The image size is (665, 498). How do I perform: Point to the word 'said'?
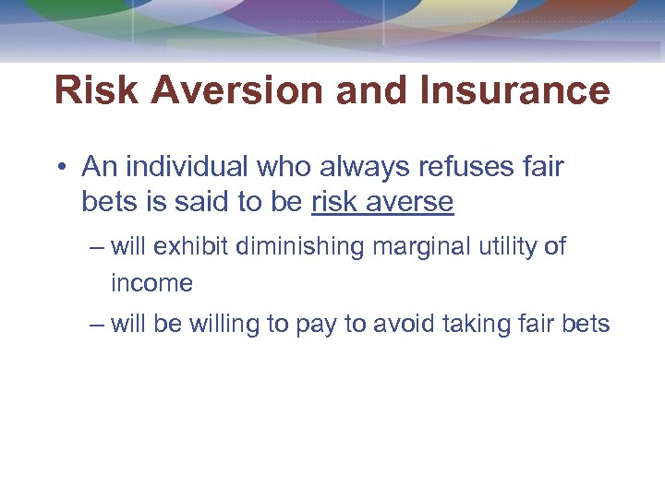point(206,202)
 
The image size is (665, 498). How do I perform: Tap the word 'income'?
point(151,283)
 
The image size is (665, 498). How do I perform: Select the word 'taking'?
point(477,325)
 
